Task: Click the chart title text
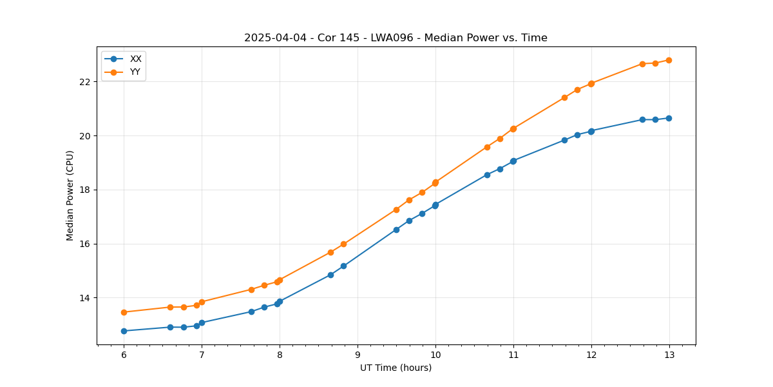396,38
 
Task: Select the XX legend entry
135,59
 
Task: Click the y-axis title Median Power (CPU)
70,195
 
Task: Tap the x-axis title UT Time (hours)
396,368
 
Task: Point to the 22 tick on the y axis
85,82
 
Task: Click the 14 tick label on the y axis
85,298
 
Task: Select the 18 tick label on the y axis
85,190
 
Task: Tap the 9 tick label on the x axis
358,355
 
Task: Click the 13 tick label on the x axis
669,355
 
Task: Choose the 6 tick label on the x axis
124,355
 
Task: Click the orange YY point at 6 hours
124,312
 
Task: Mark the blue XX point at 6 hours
124,331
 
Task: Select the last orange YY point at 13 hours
669,60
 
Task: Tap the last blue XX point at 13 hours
669,118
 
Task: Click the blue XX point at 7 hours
202,322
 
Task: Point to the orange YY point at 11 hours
513,128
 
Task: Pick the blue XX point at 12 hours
591,131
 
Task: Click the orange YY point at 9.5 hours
396,210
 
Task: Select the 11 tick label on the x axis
513,355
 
